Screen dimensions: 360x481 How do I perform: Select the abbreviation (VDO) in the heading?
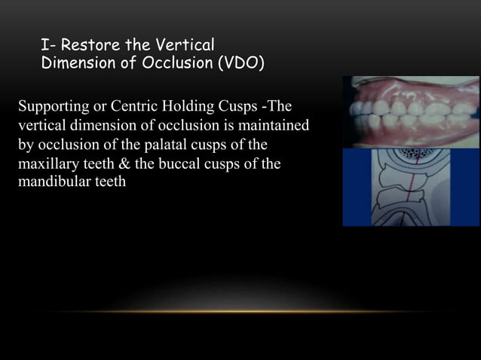240,63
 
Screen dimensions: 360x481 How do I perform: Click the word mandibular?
50,181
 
